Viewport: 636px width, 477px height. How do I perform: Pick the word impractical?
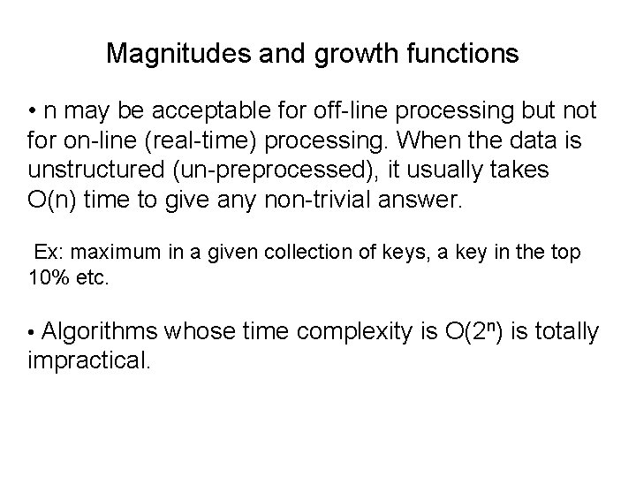89,360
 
